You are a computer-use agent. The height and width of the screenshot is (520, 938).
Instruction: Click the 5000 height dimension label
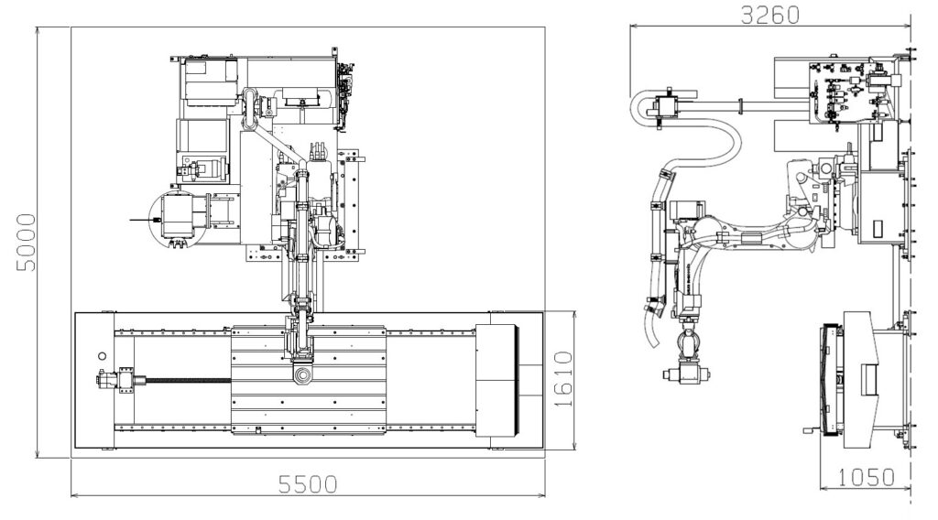27,242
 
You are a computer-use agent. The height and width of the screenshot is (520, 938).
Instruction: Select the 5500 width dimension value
307,482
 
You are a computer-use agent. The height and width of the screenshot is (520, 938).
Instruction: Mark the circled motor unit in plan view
174,220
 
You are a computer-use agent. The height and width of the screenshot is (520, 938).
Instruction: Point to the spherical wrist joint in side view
689,345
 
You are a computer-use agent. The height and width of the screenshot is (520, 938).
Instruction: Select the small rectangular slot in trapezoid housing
868,374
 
